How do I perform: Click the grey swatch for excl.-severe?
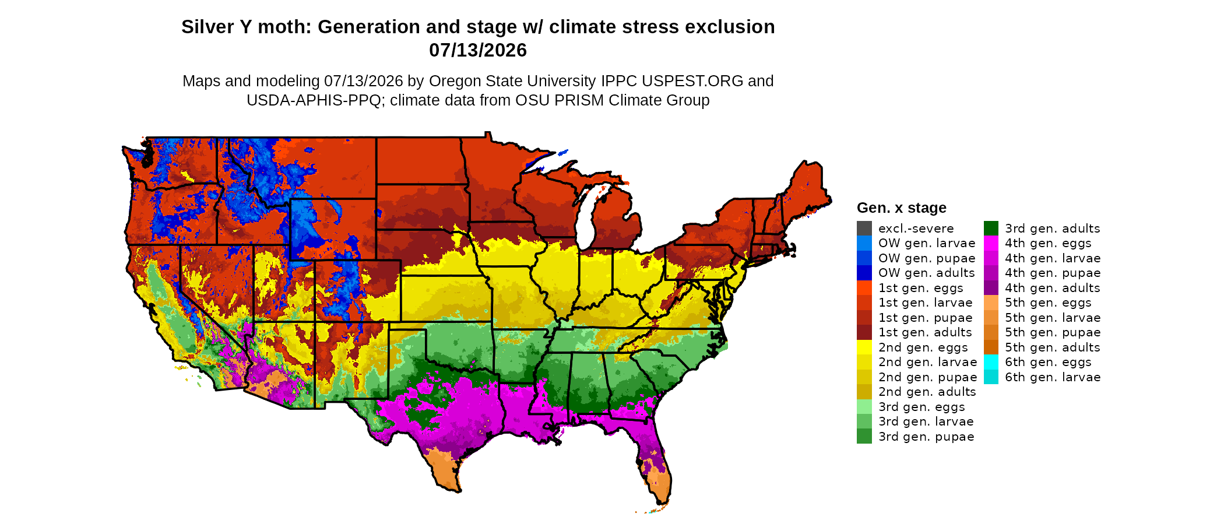coord(864,229)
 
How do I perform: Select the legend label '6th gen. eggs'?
coord(1048,362)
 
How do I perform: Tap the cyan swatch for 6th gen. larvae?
coord(991,377)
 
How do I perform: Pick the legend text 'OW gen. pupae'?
coord(927,258)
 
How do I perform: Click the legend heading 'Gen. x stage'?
coord(902,208)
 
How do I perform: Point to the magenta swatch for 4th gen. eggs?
coord(991,243)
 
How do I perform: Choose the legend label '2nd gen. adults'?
coord(927,392)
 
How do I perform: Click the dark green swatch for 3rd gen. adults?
coord(991,229)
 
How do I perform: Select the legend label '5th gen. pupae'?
coord(1053,332)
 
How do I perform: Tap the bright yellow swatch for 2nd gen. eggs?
coord(864,347)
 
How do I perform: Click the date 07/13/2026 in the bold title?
coord(478,50)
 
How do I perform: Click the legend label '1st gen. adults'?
coord(925,332)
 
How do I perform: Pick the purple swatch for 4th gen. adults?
coord(991,288)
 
